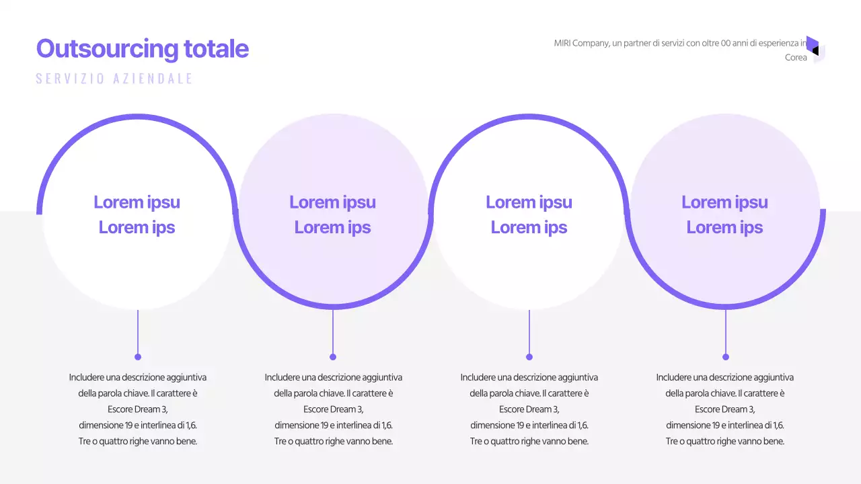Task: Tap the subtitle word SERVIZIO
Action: tap(70, 79)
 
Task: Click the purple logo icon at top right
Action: tap(815, 48)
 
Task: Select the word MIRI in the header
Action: tap(562, 43)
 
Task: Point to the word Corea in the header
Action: tap(796, 58)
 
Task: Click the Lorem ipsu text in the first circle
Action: tap(137, 202)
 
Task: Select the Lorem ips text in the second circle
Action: tap(332, 227)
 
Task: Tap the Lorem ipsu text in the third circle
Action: tap(529, 202)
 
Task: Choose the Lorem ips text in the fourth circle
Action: tap(724, 227)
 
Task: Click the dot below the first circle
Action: tap(138, 357)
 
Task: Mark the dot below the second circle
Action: tap(333, 357)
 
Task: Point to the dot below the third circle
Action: tap(529, 357)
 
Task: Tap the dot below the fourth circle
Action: tap(725, 357)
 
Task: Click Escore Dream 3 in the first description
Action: tap(137, 409)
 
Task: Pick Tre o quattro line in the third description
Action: tap(529, 442)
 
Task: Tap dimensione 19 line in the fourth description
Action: tap(724, 426)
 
